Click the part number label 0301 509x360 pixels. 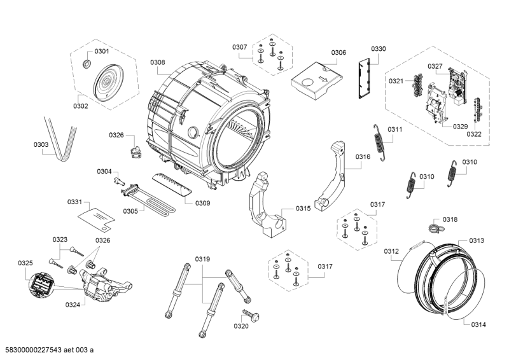click(102, 51)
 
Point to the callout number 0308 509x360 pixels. click(158, 62)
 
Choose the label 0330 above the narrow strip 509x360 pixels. click(378, 49)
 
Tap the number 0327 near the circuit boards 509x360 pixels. click(435, 66)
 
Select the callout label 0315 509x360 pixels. click(303, 209)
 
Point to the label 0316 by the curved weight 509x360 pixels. click(363, 157)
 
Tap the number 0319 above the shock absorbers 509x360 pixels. click(203, 259)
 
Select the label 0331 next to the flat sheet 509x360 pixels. click(75, 202)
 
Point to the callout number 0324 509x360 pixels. click(73, 305)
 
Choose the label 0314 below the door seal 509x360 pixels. click(478, 325)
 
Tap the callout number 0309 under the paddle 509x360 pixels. click(203, 203)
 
